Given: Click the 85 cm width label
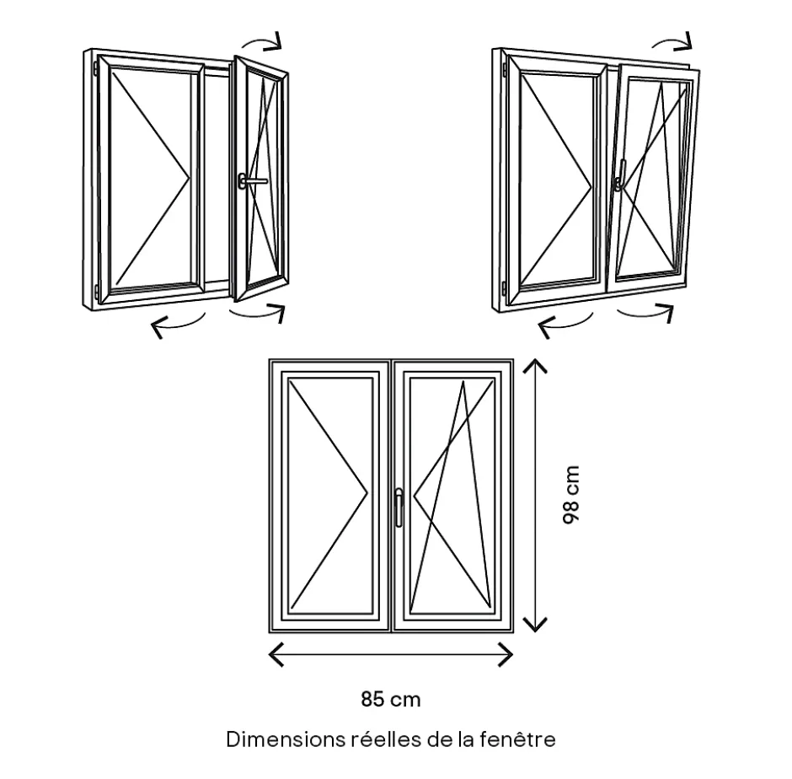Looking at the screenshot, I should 390,699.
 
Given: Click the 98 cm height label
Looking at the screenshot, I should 571,496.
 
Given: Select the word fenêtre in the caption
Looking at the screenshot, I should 516,739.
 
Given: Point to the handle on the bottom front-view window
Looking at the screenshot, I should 399,506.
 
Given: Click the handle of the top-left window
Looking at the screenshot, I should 250,180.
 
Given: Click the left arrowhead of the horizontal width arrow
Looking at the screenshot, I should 275,653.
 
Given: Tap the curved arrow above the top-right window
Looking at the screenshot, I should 674,40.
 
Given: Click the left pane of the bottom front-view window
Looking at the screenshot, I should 330,496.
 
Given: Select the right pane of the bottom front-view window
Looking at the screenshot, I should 451,496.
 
